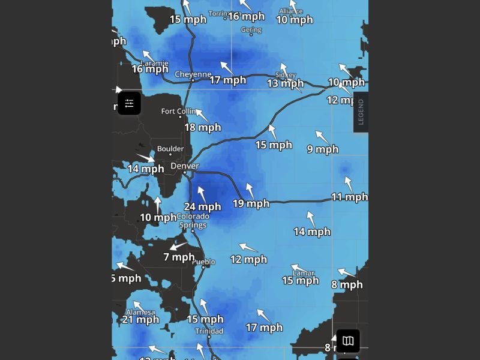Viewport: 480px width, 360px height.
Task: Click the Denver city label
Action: coord(184,166)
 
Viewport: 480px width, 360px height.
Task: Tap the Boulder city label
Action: coord(170,149)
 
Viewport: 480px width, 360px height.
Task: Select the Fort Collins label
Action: coord(178,112)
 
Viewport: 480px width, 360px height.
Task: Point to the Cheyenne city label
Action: coord(193,74)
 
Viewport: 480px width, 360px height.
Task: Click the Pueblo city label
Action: coord(203,262)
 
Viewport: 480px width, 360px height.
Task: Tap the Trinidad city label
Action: coord(209,331)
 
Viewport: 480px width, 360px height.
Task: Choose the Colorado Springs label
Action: coord(193,221)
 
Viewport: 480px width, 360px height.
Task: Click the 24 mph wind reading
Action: coord(202,207)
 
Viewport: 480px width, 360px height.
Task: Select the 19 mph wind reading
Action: coord(251,204)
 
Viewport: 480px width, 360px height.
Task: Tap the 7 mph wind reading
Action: coord(179,257)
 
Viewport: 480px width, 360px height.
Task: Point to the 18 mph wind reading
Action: coord(203,127)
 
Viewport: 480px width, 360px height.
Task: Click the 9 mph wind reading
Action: coord(323,149)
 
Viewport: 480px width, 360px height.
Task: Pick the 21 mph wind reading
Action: coord(140,319)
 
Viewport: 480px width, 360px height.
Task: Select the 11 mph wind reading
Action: coord(349,197)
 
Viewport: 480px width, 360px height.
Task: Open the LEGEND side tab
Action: coord(361,112)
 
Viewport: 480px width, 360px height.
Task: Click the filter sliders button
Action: coord(129,103)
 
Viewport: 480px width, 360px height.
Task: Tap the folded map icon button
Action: coord(348,341)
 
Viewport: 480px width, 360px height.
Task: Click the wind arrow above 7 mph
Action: coord(178,245)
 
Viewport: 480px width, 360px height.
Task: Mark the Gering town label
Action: coord(251,30)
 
